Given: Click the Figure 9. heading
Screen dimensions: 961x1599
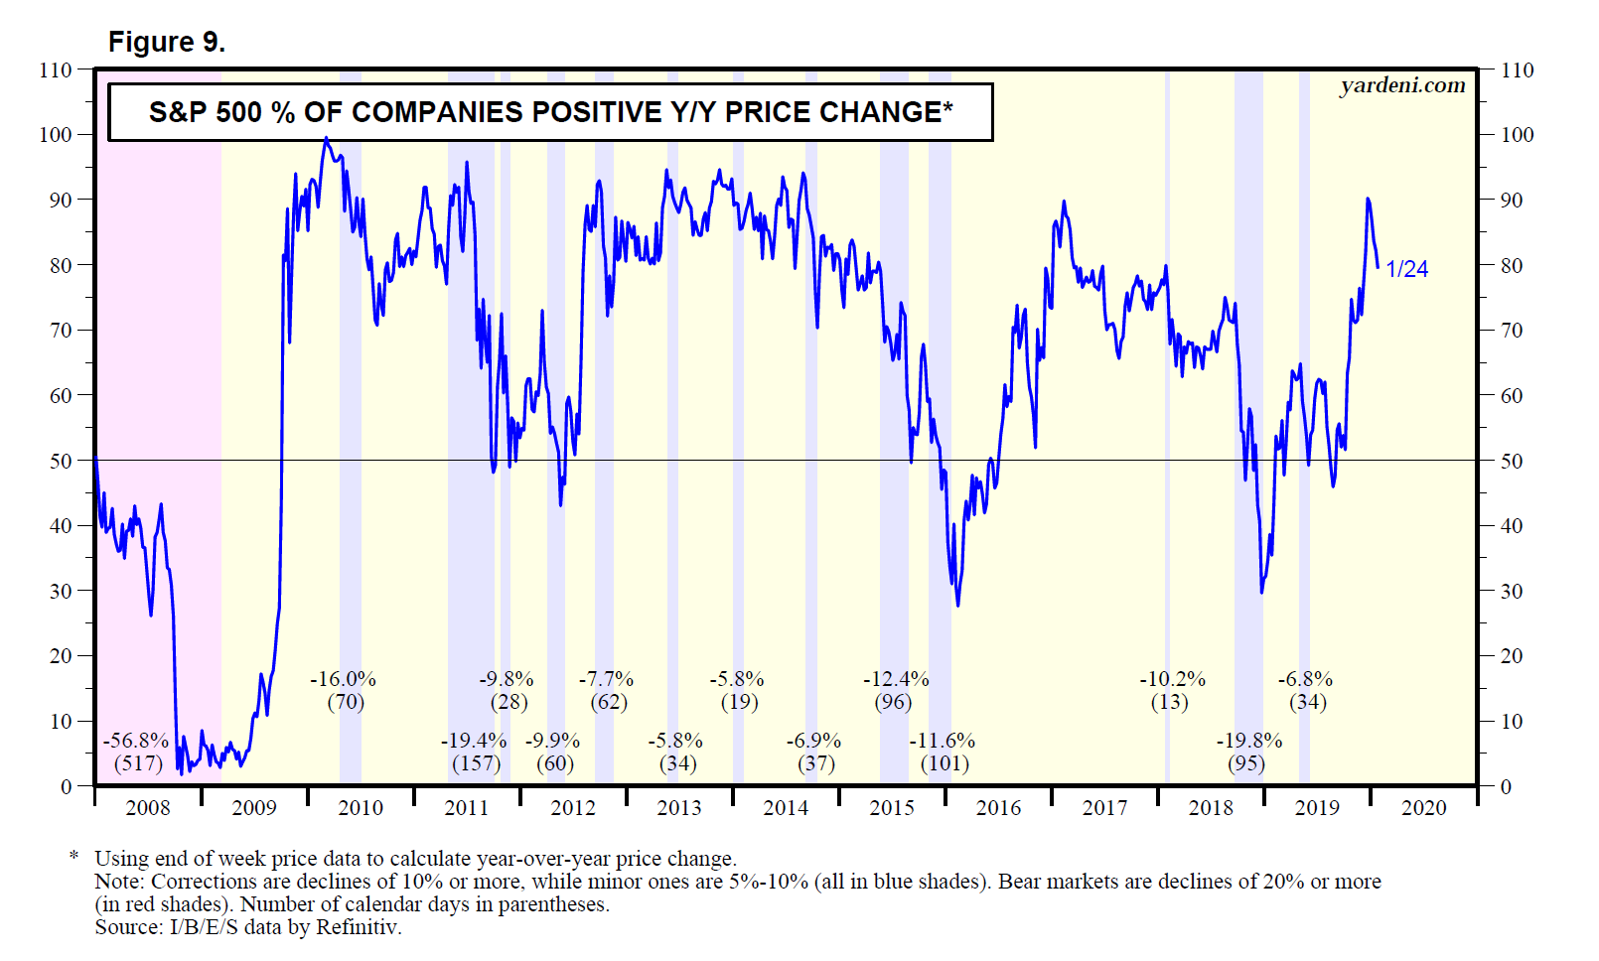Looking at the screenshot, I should point(166,42).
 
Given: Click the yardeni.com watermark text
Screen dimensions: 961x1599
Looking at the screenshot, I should point(1402,85).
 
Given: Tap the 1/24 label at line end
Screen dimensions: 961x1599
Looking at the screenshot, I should point(1406,269).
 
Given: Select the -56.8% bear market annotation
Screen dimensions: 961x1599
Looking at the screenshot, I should point(136,741).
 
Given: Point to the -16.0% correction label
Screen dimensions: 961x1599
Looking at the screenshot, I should point(344,679).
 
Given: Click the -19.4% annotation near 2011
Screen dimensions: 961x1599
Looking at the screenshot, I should point(474,741).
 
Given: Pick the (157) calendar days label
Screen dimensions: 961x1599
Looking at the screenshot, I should point(476,763).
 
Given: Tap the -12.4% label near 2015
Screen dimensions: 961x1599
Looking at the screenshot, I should point(896,679).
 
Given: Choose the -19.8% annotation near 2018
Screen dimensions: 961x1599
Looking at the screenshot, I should point(1249,741).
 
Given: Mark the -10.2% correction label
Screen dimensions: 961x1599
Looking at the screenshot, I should point(1172,679).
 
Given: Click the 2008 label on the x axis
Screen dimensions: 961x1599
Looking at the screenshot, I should point(148,808).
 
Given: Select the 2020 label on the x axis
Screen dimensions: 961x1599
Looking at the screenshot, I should point(1423,808).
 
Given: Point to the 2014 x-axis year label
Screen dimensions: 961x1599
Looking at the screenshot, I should point(786,808).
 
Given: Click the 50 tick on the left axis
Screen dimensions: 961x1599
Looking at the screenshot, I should point(61,461).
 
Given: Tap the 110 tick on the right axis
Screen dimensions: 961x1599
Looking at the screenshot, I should point(1517,70).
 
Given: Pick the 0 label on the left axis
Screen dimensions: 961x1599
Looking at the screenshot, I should point(67,786).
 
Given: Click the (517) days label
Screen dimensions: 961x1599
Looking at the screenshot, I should point(138,763).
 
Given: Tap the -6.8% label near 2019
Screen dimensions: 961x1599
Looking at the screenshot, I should point(1305,679).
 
